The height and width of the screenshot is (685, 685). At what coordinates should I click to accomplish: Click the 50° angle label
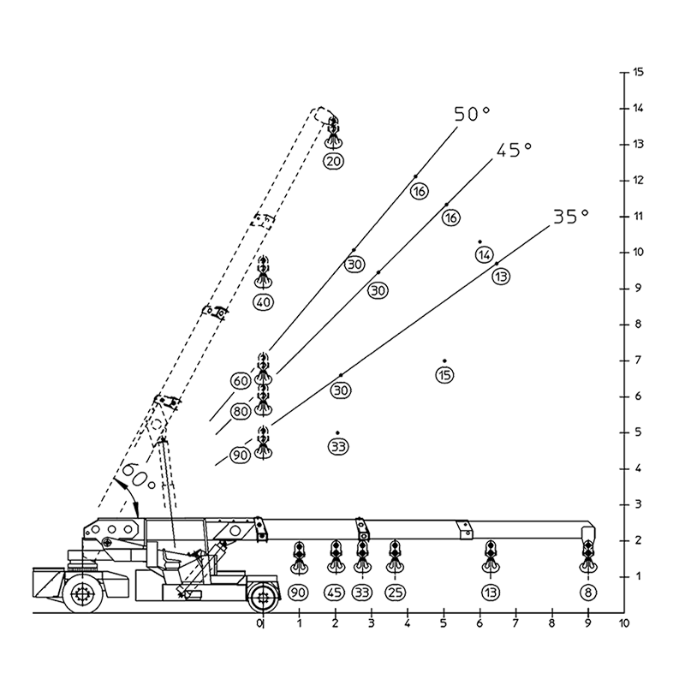(x=472, y=114)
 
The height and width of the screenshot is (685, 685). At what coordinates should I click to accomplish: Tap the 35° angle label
(x=571, y=217)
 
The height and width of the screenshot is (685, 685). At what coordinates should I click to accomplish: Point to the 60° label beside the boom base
(x=139, y=477)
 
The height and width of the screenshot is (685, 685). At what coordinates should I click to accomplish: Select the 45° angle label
(x=514, y=150)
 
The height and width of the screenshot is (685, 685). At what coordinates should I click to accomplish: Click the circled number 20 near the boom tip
(x=333, y=161)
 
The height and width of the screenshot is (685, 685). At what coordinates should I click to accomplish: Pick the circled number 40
(x=263, y=302)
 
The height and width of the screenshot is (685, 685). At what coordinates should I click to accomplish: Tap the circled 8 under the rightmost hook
(x=588, y=593)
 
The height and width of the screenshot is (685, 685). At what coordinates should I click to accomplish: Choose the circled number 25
(x=395, y=593)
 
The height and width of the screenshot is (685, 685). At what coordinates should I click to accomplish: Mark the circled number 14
(x=484, y=254)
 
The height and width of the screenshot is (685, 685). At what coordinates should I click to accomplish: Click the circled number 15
(x=444, y=375)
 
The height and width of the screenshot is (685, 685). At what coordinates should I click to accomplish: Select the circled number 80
(x=240, y=411)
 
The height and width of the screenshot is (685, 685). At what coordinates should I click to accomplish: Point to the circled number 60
(x=241, y=381)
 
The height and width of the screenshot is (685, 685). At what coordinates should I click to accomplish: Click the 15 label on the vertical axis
(x=638, y=72)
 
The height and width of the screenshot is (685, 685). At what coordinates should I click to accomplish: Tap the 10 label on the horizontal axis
(x=624, y=623)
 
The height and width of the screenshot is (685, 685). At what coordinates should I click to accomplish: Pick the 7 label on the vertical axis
(x=638, y=360)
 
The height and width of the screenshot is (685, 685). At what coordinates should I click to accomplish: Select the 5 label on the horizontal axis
(x=444, y=623)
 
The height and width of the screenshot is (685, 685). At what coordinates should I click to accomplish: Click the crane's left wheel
(x=83, y=593)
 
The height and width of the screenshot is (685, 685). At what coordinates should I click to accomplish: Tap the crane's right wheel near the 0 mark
(x=263, y=596)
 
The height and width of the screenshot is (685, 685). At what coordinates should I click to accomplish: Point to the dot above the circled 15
(x=444, y=360)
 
